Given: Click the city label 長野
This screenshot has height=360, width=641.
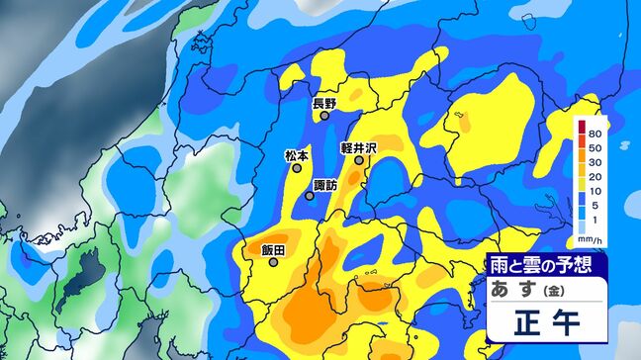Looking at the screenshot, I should point(324,103).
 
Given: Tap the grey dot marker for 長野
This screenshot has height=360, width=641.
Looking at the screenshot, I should point(324,116).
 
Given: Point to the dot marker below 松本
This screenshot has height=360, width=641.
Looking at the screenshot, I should point(297,168).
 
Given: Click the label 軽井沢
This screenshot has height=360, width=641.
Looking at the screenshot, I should point(359,146).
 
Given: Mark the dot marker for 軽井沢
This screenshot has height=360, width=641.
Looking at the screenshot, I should point(359,159).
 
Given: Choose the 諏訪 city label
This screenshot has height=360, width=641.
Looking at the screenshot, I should point(325,183).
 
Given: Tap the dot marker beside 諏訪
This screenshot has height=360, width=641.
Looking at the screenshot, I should point(310,195).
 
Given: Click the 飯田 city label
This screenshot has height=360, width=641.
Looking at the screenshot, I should point(273,250).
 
